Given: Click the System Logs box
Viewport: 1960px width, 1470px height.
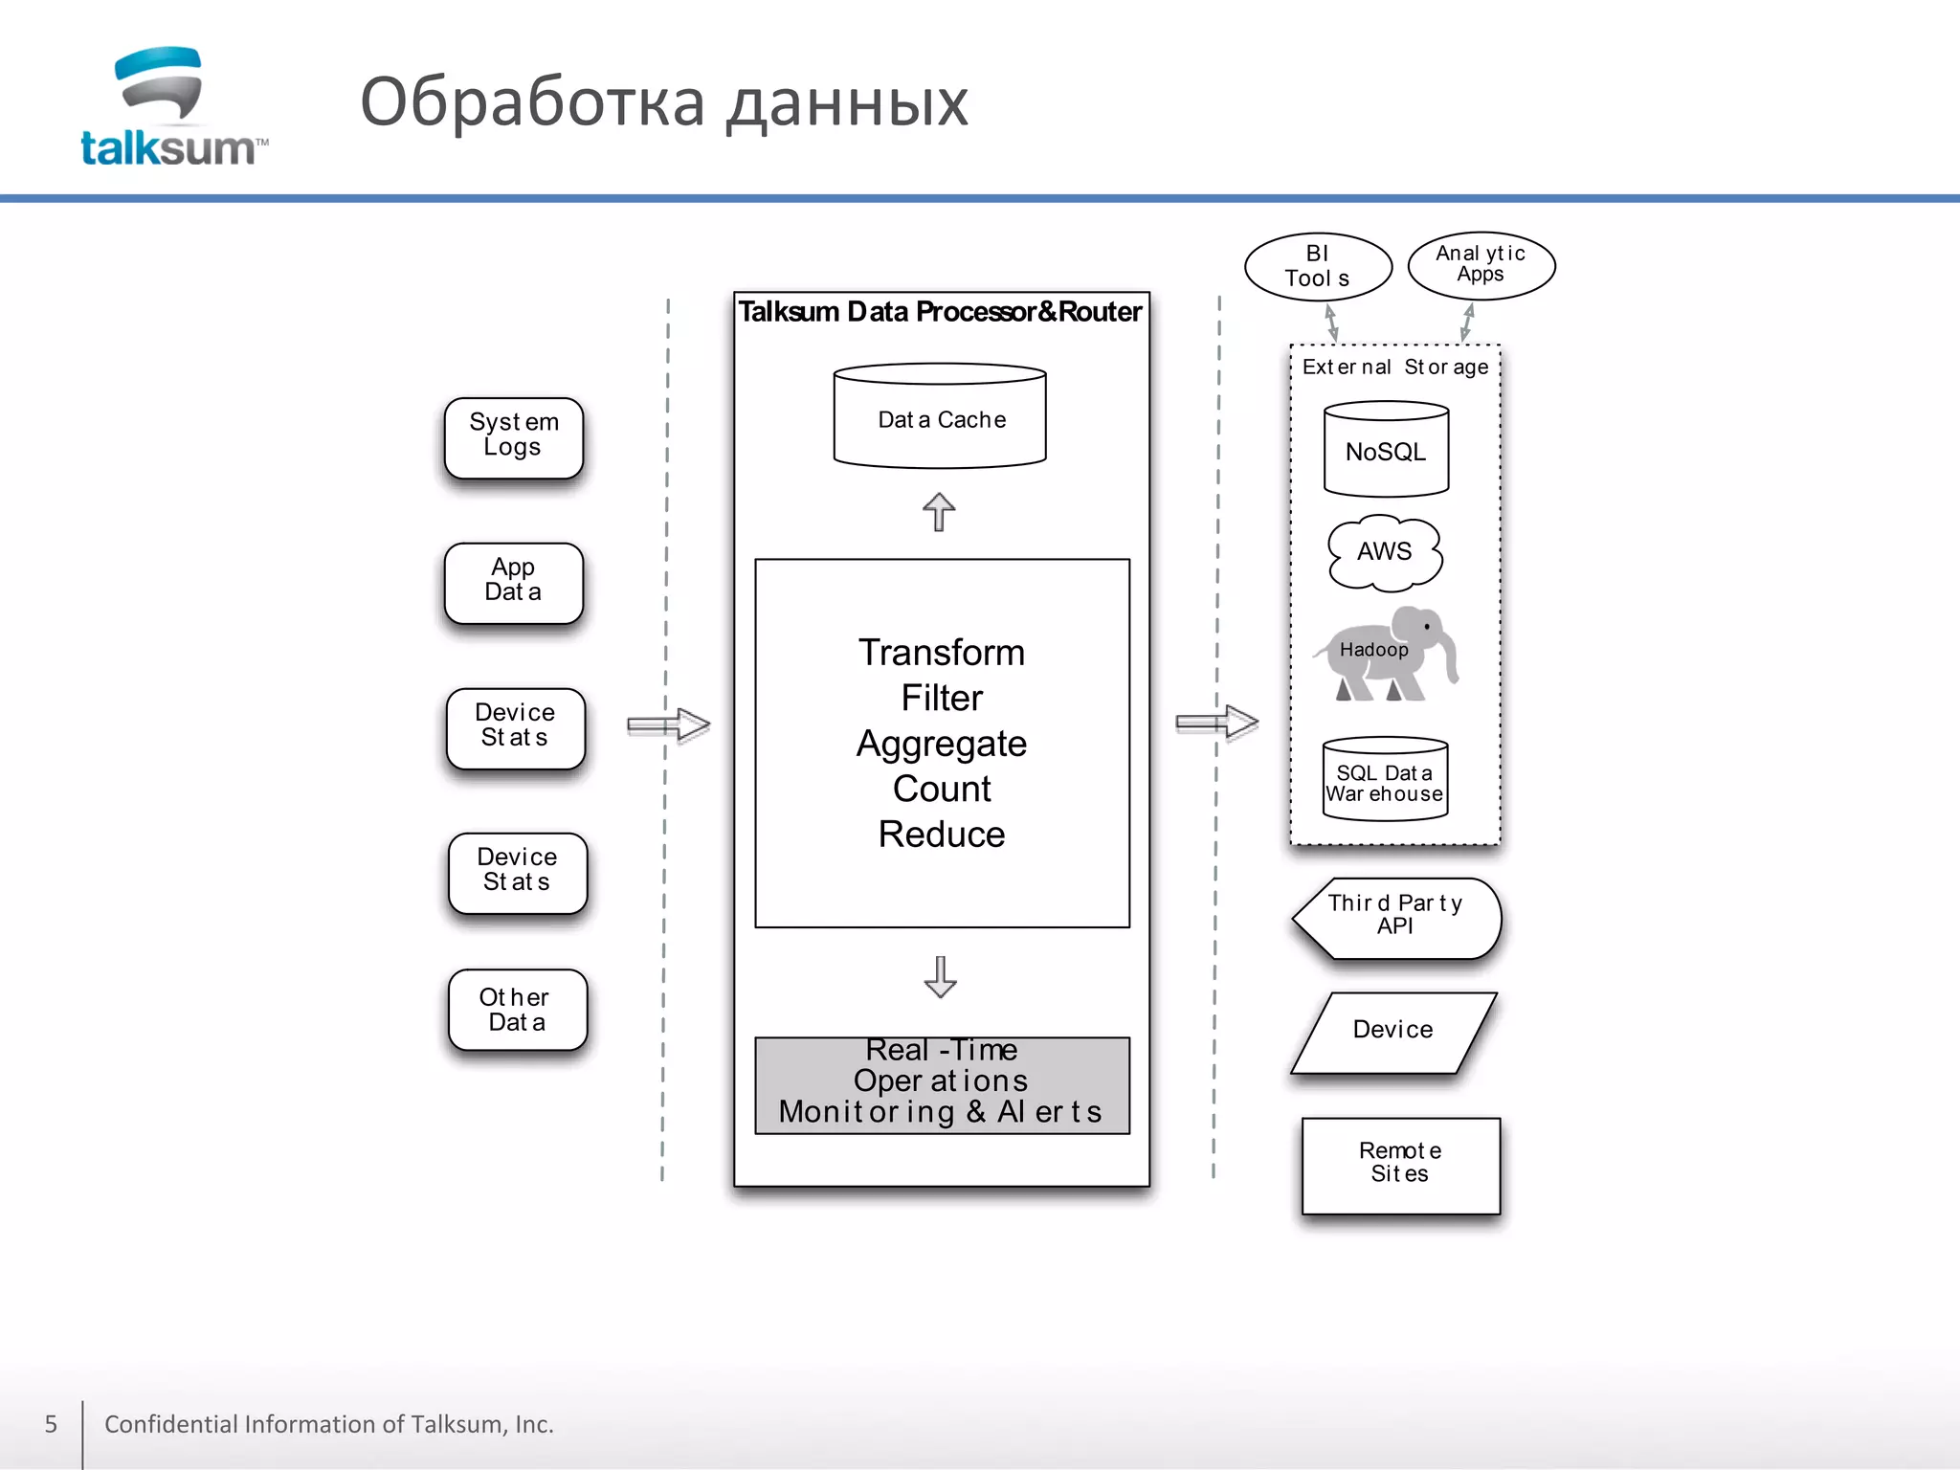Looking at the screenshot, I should [514, 437].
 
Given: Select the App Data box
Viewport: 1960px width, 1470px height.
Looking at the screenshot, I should [514, 582].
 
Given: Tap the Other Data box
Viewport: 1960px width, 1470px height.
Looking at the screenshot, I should [517, 1010].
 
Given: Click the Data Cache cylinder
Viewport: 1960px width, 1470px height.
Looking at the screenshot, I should [940, 418].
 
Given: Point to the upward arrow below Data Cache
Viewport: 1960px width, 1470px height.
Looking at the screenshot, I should [939, 512].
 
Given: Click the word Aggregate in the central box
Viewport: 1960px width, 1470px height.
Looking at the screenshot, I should [941, 744].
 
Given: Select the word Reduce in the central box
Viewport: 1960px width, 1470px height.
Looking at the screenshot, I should [941, 834].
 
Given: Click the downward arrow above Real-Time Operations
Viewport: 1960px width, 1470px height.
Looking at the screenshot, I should [940, 976].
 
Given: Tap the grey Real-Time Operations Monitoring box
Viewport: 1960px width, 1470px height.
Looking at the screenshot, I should [942, 1085].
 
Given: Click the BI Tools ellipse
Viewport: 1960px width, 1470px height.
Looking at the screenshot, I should [1318, 266].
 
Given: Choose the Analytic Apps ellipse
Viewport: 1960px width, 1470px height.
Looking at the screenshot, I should [1481, 265].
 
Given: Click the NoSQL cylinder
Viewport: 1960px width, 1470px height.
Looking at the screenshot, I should [1385, 451].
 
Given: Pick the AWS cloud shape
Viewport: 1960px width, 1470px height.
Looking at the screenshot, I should [1384, 551].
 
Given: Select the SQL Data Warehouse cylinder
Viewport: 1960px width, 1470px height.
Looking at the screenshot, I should [1385, 780].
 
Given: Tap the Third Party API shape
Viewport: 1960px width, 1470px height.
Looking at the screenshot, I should [1396, 917].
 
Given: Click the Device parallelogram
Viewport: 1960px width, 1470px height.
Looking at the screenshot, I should [1392, 1031].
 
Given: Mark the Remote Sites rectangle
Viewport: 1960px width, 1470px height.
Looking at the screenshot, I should [1400, 1164].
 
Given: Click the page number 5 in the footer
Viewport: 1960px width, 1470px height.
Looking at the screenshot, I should [51, 1424].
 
